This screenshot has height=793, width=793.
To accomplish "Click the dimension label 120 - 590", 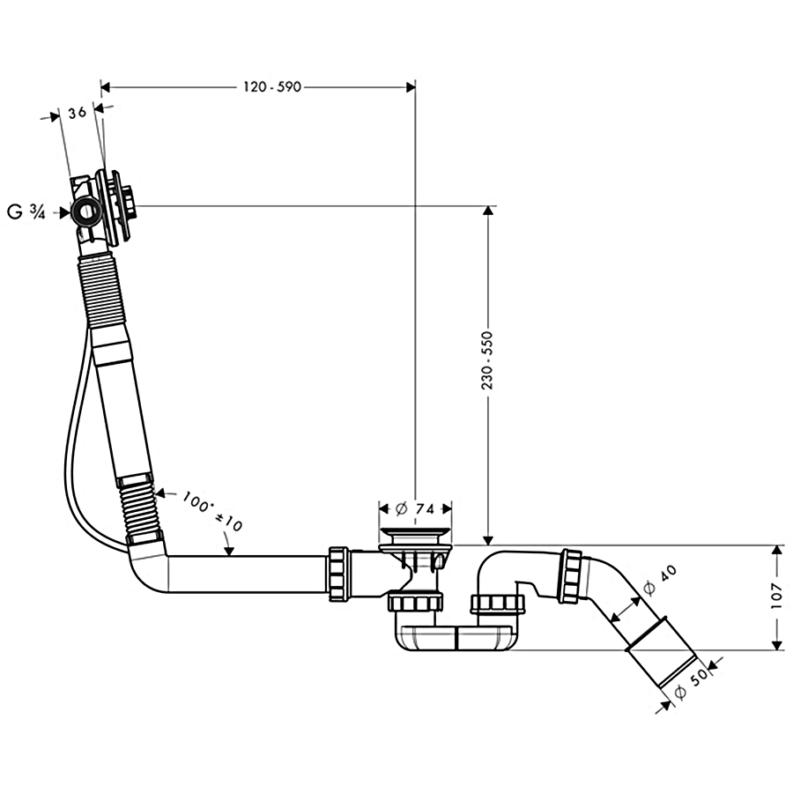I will (x=271, y=86).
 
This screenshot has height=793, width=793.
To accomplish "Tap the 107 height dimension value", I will (x=776, y=597).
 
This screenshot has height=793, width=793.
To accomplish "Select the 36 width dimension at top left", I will (x=77, y=112).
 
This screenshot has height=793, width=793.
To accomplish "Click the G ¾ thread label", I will (x=26, y=211).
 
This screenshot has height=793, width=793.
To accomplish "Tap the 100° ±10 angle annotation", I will (x=211, y=511).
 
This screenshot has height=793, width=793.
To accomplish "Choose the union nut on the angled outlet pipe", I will (x=569, y=575).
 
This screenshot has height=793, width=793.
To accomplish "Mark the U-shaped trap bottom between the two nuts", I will (x=456, y=640).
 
